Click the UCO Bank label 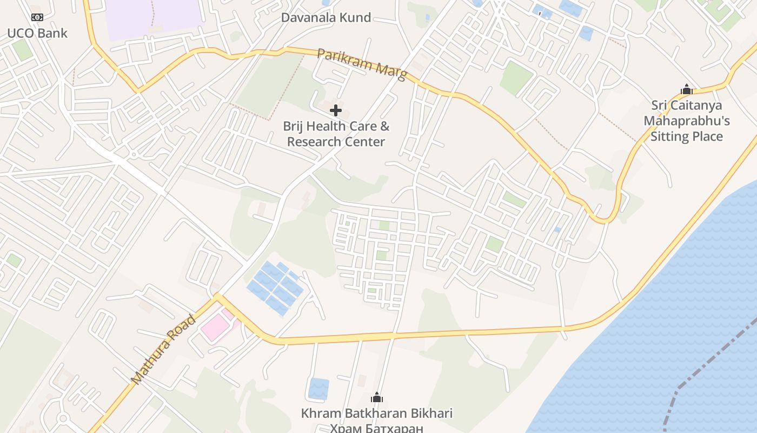click(37, 33)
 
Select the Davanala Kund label click(326, 17)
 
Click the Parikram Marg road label click(361, 64)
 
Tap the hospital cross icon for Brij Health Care click(336, 111)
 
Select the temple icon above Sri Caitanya click(686, 89)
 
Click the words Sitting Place click(686, 136)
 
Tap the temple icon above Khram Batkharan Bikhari click(377, 398)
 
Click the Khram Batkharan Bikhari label click(377, 414)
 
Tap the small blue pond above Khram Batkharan click(318, 388)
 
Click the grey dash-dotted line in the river click(719, 352)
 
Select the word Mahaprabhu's click(686, 120)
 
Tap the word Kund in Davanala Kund click(356, 17)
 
